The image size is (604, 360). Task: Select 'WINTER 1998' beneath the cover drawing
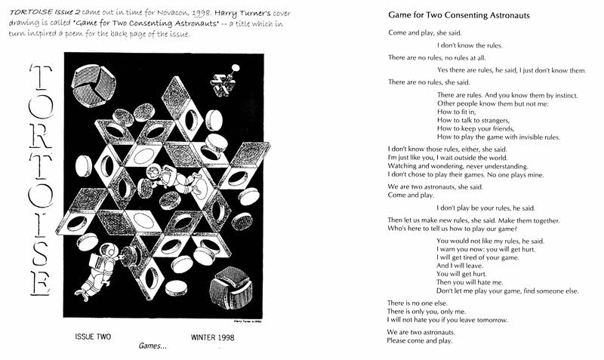point(213,336)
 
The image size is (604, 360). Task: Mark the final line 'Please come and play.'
point(420,341)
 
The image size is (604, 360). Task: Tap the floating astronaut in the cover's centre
point(154,177)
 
